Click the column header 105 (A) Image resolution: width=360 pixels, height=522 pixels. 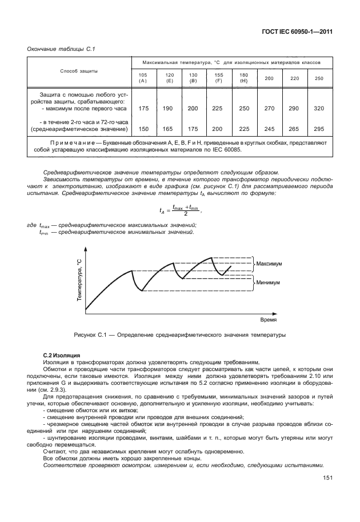coord(143,78)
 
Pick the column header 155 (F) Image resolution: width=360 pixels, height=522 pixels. coord(218,78)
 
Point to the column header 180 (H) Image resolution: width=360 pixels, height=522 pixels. coord(244,78)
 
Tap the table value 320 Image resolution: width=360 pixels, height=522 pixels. coord(318,108)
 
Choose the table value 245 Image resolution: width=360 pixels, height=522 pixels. coord(269,129)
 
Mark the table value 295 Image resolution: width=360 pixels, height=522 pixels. coord(318,129)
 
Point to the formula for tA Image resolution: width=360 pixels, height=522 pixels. coord(182,210)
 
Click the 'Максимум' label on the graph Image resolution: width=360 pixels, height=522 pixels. coord(270,264)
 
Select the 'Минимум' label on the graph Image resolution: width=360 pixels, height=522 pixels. coord(269,282)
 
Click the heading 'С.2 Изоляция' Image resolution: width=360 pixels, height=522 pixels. coord(62,356)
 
